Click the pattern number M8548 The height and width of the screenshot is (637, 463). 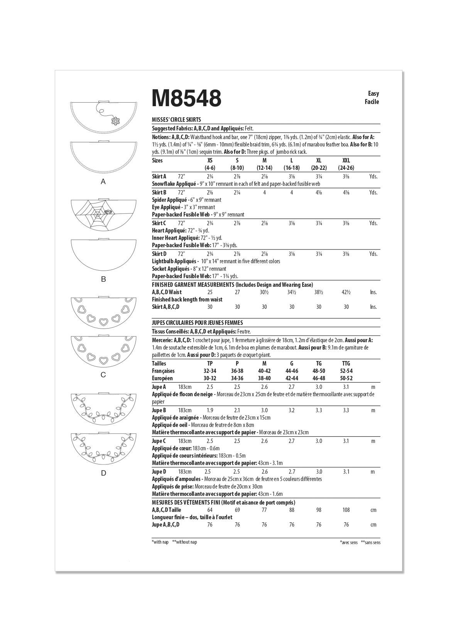coord(187,98)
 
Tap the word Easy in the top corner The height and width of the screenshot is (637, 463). coord(373,93)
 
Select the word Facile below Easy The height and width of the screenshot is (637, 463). coord(372,102)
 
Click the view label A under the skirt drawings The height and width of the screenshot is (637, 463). coord(103,181)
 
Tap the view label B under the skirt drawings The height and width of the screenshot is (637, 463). coord(103,279)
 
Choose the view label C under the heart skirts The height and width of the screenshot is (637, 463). coord(103,375)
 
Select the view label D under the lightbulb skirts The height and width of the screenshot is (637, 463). coord(103,473)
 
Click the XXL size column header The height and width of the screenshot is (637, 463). coord(346,161)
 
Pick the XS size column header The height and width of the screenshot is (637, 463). coord(210,161)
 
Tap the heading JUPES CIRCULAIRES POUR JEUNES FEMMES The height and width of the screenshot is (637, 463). coord(197,323)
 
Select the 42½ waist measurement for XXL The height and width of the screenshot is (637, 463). coord(346,292)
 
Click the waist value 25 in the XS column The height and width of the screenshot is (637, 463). coord(210,292)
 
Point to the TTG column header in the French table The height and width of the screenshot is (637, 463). coord(346,364)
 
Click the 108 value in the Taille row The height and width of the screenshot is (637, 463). coord(346,510)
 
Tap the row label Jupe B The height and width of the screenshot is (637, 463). coord(159,410)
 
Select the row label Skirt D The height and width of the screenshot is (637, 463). coord(159,254)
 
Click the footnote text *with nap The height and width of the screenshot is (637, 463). coord(161,542)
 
